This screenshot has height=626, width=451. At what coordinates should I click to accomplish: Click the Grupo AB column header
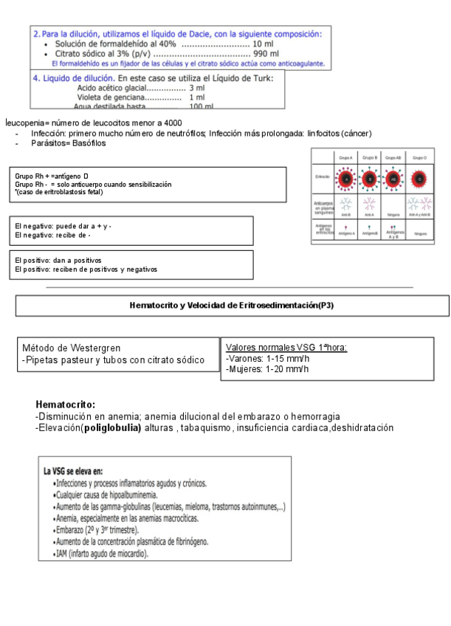(x=393, y=157)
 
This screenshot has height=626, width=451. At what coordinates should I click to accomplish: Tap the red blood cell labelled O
(x=419, y=179)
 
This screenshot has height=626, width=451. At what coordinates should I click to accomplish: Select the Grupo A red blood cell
(x=345, y=179)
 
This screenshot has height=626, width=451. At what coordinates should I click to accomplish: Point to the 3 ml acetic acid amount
(x=196, y=88)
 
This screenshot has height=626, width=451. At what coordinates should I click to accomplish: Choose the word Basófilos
(x=87, y=143)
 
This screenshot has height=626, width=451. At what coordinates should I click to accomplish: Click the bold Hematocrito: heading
(x=65, y=405)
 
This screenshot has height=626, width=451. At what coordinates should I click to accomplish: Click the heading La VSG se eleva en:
(x=72, y=471)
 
